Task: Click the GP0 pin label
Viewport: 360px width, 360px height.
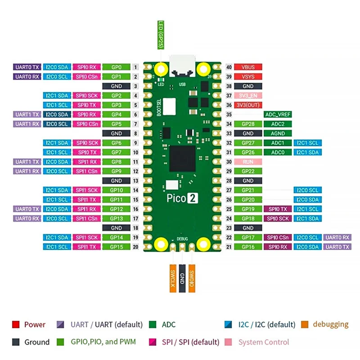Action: (116, 67)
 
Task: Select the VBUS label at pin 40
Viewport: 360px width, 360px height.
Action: (248, 67)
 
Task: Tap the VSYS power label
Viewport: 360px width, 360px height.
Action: (248, 76)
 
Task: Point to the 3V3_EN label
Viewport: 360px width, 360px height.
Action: (248, 95)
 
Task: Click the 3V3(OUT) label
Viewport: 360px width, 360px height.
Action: (248, 105)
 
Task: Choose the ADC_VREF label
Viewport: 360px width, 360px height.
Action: (278, 114)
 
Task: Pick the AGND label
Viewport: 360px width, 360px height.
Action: (278, 133)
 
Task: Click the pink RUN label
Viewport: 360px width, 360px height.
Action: (248, 162)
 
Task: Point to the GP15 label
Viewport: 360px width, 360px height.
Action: (116, 247)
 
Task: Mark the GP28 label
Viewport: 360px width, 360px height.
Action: (248, 124)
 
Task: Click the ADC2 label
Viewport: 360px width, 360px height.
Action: (278, 124)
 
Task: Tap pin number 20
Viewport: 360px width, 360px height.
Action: (135, 247)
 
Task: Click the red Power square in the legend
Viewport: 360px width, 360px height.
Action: (16, 324)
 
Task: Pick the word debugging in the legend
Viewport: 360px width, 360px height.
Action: (330, 324)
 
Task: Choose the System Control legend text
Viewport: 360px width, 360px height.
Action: (263, 342)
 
